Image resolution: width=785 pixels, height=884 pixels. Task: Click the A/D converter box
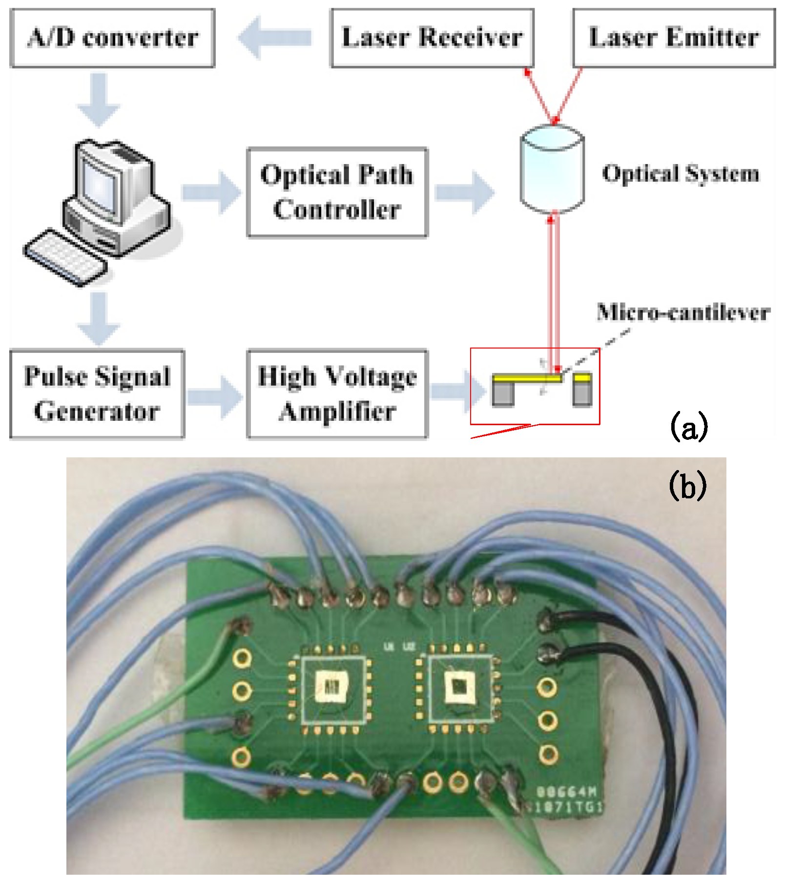coord(112,38)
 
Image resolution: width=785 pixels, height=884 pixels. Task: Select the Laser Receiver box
coord(432,38)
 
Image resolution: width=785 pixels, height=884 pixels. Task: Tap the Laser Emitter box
coord(674,38)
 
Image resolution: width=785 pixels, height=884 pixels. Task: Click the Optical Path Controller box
coord(337,192)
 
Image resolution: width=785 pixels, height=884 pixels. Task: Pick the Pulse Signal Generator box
coord(97,393)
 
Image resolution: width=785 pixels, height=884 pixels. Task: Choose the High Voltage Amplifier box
coord(337,393)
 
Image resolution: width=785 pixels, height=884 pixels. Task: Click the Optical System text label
coord(681,173)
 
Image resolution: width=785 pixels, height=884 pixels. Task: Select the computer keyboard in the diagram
coord(65,257)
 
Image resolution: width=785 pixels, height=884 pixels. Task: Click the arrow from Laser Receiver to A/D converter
coord(275,38)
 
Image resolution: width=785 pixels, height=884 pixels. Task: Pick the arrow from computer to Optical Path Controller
coord(211,192)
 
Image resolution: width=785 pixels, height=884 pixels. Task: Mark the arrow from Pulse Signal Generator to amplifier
coord(215,397)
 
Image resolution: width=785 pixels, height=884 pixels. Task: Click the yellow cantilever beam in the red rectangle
coord(527,378)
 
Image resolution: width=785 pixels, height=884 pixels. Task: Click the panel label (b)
coord(687,485)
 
